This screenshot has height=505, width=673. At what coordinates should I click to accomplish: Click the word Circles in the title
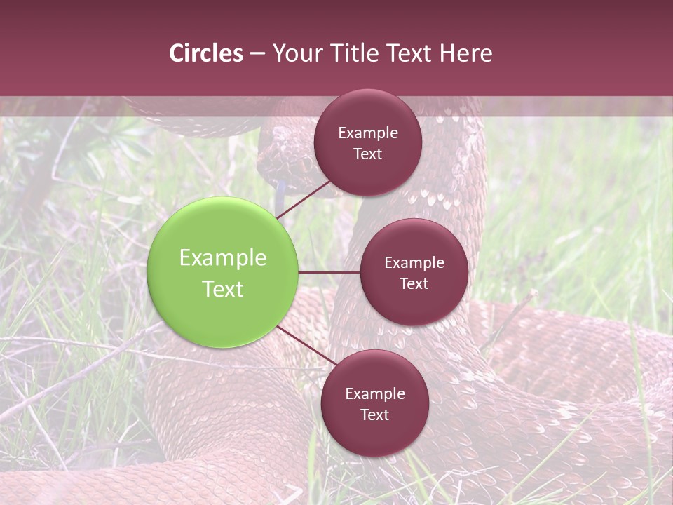click(206, 53)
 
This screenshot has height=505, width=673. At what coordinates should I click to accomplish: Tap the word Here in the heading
click(466, 53)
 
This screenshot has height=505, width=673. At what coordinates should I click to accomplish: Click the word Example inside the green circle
click(223, 258)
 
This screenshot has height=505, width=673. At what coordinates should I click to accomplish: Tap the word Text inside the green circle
click(223, 289)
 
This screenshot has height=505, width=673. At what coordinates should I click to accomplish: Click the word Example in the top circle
click(368, 133)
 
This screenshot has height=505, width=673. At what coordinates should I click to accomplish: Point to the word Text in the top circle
click(368, 154)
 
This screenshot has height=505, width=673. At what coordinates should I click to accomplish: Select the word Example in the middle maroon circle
click(414, 262)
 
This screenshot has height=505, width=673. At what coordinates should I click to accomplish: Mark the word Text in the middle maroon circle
click(414, 283)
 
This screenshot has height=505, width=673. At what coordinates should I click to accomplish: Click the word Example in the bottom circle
click(375, 393)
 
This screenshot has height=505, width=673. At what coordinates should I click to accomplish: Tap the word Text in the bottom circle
click(375, 415)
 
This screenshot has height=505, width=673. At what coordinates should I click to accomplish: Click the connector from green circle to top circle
click(305, 198)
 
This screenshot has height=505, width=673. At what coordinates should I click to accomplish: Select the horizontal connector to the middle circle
click(329, 272)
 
